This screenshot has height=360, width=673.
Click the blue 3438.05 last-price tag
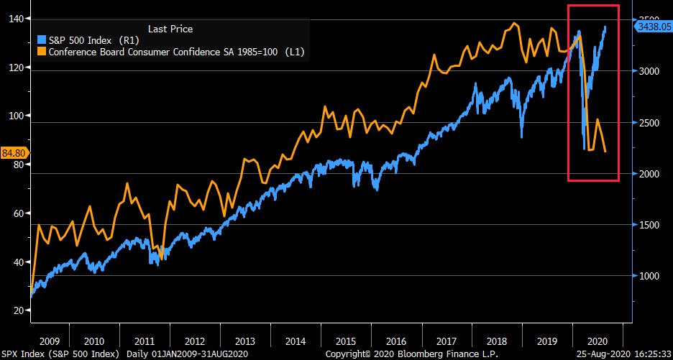(x=653, y=26)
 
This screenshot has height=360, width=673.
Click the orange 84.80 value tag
(x=14, y=152)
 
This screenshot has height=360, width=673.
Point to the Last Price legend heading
(x=170, y=29)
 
